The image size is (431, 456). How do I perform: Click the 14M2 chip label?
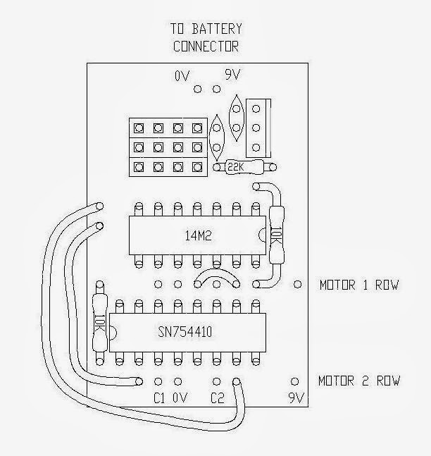[198, 235]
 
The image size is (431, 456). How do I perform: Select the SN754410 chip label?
[185, 332]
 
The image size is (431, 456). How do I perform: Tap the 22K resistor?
[244, 167]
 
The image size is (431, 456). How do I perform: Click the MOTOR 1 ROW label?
[359, 285]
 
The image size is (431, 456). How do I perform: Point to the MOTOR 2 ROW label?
[359, 381]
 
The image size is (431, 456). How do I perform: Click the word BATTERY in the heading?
[217, 29]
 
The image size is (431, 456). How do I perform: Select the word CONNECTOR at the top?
[206, 47]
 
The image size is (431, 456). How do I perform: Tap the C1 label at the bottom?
[159, 398]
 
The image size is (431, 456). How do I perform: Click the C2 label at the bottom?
[218, 398]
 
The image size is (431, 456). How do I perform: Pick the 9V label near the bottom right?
[296, 398]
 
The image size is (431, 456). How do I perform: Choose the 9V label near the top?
[233, 75]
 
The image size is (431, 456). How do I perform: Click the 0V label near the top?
[182, 76]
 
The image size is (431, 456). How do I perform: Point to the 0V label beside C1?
[180, 398]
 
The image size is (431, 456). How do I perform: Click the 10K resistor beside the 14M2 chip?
[276, 234]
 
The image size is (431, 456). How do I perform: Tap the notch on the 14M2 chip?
[262, 235]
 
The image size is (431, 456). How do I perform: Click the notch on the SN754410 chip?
[113, 333]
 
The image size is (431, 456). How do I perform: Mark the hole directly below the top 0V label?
[197, 89]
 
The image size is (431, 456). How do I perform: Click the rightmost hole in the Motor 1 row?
[297, 284]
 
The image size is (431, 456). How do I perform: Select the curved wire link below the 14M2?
[216, 273]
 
